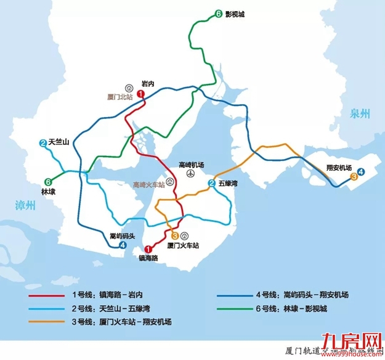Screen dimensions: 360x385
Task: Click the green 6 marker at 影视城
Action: pos(219,14)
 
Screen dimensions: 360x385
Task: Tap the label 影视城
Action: pos(235,14)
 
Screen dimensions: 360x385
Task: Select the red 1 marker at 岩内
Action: pos(140,94)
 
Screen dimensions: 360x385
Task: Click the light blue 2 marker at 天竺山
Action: pos(43,144)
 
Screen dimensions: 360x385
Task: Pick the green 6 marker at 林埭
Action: pos(47,181)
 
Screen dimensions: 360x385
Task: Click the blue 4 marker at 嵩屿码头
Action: pos(123,245)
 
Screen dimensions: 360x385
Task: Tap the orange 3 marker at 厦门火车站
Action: pos(175,235)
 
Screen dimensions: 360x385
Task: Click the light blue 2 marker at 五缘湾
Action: pos(211,183)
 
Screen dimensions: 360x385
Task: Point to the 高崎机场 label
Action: pos(191,165)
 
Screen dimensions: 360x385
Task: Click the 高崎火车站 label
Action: pos(149,184)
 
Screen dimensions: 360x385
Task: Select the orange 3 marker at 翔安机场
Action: pos(354,178)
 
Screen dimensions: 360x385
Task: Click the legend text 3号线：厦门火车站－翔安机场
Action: pos(122,322)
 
